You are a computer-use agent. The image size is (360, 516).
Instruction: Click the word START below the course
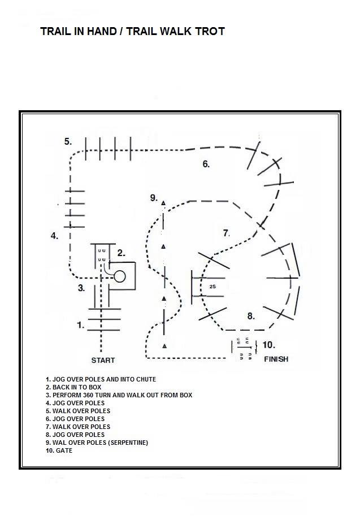click(x=103, y=360)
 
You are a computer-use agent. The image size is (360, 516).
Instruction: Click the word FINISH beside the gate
click(x=276, y=359)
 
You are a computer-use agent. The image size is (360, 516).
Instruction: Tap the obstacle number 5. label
click(x=68, y=141)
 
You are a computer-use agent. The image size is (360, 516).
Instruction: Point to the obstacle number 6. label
click(x=206, y=164)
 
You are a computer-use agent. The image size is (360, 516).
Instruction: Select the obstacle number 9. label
click(x=154, y=197)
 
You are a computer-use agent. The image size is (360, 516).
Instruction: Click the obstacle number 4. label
click(x=54, y=236)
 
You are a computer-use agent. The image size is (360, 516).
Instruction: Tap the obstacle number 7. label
click(x=226, y=233)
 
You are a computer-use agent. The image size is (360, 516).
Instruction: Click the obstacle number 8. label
click(x=251, y=316)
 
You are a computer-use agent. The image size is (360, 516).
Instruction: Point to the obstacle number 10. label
click(x=269, y=345)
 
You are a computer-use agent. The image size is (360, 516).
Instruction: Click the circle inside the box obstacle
click(x=120, y=276)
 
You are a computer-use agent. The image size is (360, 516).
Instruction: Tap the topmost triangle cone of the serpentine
click(x=163, y=202)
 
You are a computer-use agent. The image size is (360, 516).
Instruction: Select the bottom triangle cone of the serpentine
click(x=164, y=345)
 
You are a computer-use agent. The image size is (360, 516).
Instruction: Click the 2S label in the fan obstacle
click(x=212, y=287)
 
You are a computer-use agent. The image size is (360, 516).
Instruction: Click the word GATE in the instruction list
click(x=65, y=450)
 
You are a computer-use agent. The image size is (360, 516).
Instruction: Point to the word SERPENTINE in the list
click(x=127, y=443)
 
